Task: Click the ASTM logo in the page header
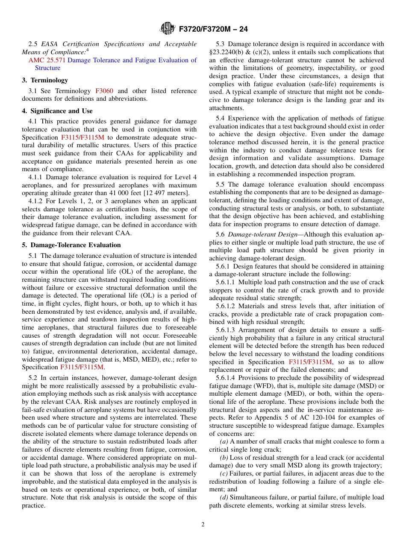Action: coord(168,29)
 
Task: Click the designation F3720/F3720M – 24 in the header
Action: coord(213,29)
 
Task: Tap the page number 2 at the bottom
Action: coord(203,525)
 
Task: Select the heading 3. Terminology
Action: coord(45,80)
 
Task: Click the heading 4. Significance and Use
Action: coord(57,111)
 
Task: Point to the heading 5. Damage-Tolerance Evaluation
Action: coord(71,245)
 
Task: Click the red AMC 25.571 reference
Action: coord(47,60)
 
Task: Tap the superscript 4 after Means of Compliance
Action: coord(88,50)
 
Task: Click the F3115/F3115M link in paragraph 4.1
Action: coord(82,137)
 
